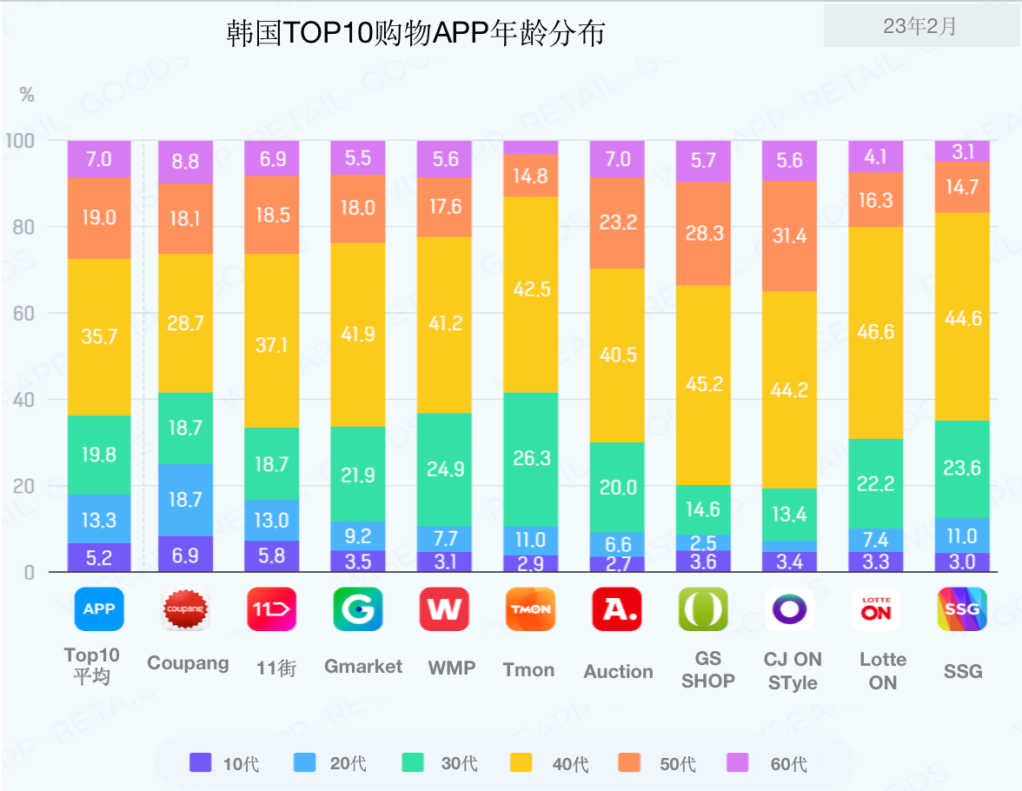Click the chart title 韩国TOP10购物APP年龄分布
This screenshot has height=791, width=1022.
415,33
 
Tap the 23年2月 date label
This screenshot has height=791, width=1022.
920,27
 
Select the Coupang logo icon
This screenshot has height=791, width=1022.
185,609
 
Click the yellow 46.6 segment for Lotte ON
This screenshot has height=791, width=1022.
876,332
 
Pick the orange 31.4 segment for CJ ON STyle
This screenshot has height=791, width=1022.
790,236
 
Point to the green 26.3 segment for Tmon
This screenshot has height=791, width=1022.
531,458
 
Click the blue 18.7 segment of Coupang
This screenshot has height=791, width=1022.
185,499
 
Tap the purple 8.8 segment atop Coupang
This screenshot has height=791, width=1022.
185,162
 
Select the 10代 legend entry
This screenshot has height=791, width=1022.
224,764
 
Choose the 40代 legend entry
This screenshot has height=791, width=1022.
554,764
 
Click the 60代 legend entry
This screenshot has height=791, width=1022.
772,764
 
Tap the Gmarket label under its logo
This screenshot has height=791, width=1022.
363,667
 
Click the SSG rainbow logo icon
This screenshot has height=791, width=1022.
962,609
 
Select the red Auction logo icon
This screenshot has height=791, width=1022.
617,609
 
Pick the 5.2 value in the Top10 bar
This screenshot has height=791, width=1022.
99,557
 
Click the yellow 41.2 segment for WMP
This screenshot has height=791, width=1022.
445,324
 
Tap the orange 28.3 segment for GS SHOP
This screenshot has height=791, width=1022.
704,234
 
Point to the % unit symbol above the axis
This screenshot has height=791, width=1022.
27,95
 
